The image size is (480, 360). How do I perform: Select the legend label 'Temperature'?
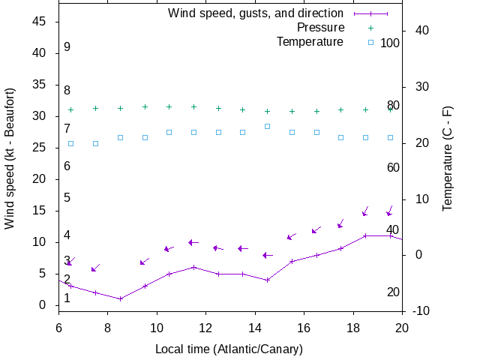click(x=310, y=41)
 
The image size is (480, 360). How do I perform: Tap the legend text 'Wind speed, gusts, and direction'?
click(x=255, y=13)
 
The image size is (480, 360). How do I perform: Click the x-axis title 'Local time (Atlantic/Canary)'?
click(x=229, y=349)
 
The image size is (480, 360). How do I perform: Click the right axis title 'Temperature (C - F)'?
click(x=448, y=158)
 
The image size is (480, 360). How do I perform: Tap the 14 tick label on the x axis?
click(x=255, y=327)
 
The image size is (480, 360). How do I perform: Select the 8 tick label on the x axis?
click(x=107, y=327)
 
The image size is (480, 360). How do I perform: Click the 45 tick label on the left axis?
click(x=41, y=22)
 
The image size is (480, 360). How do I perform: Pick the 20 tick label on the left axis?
click(x=41, y=179)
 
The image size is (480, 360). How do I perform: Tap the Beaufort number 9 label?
click(x=67, y=47)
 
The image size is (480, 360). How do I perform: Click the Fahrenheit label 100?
click(x=390, y=43)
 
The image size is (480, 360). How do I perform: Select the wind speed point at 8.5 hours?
click(x=120, y=298)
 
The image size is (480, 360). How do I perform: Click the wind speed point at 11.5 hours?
click(x=193, y=267)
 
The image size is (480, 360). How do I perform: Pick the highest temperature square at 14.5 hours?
click(x=267, y=126)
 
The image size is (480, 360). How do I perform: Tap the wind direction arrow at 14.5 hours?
click(x=267, y=255)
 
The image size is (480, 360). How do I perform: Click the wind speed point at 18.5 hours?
click(x=365, y=235)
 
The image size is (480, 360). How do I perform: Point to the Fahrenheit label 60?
click(x=393, y=167)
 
